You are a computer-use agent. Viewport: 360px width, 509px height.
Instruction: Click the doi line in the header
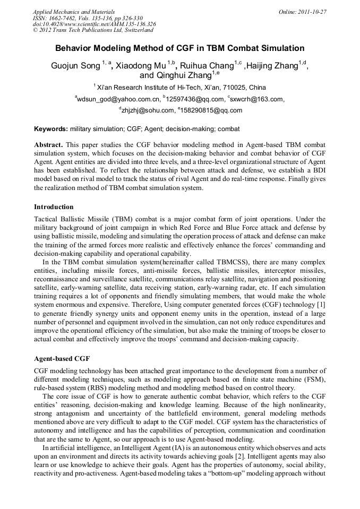(94, 24)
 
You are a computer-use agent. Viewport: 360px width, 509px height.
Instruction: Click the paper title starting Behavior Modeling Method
(180, 48)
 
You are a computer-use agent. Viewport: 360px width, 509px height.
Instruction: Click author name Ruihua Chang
(207, 66)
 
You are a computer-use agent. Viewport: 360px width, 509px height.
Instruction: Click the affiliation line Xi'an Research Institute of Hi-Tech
(181, 87)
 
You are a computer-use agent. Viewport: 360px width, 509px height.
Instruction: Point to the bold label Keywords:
(51, 129)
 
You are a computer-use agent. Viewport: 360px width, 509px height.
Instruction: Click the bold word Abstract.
(48, 145)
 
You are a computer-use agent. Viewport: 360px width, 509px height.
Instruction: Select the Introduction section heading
(54, 206)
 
